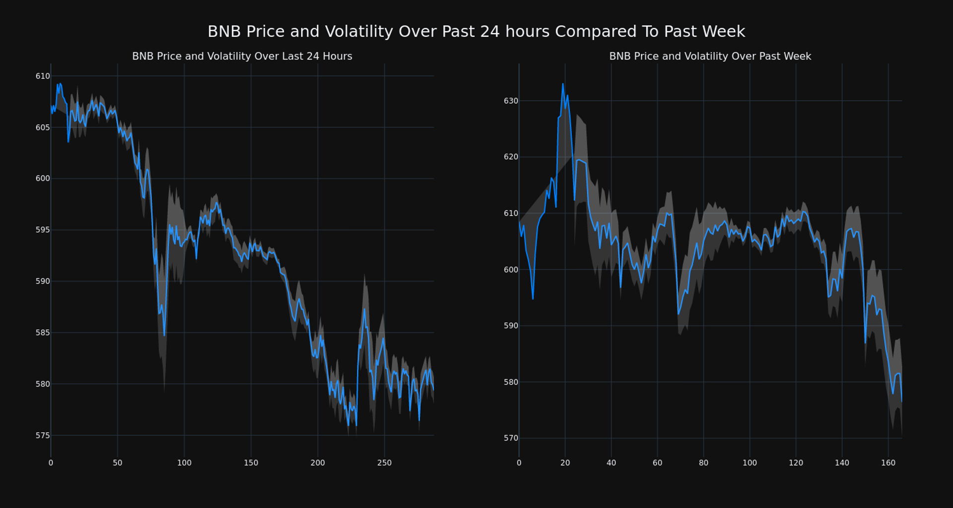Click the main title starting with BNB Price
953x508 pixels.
pyautogui.click(x=476, y=32)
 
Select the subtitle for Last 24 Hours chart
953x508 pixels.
pyautogui.click(x=242, y=57)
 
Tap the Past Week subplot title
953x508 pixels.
pyautogui.click(x=710, y=57)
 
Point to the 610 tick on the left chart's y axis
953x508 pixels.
pyautogui.click(x=43, y=76)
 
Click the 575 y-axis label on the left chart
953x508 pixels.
pyautogui.click(x=43, y=436)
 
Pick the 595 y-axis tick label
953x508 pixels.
pyautogui.click(x=43, y=230)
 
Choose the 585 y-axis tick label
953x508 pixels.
pyautogui.click(x=43, y=332)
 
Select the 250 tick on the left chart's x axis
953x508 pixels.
pyautogui.click(x=384, y=463)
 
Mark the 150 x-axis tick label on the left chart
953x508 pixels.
pyautogui.click(x=251, y=463)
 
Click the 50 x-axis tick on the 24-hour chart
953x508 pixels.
pyautogui.click(x=117, y=463)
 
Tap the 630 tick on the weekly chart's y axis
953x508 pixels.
pyautogui.click(x=511, y=101)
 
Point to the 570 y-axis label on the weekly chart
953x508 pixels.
pyautogui.click(x=511, y=438)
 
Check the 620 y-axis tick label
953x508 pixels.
pyautogui.click(x=511, y=157)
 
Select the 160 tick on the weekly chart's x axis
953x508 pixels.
pyautogui.click(x=888, y=463)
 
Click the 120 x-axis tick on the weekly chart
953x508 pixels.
pyautogui.click(x=796, y=463)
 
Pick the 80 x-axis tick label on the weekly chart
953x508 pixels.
pyautogui.click(x=703, y=463)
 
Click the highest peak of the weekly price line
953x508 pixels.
pyautogui.click(x=563, y=84)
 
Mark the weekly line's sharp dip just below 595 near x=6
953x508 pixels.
pyautogui.click(x=533, y=299)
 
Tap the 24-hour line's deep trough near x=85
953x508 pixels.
pyautogui.click(x=164, y=335)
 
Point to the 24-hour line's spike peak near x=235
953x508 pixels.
pyautogui.click(x=364, y=310)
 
